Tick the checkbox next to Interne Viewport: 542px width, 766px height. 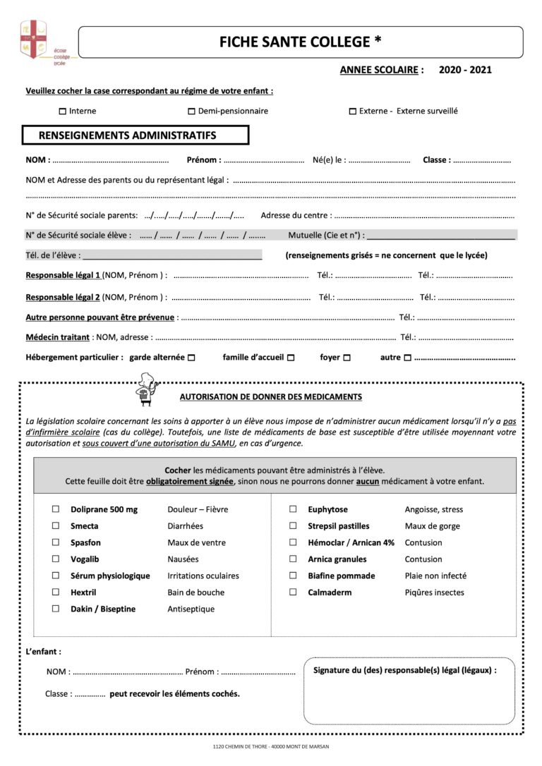[x=63, y=111]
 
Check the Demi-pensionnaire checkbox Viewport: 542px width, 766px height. [x=191, y=111]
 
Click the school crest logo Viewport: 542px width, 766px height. [x=32, y=40]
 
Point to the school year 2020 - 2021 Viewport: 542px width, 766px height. [x=465, y=70]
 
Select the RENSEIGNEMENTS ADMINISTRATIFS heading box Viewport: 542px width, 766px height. [x=135, y=135]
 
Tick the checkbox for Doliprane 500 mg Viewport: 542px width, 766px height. [x=56, y=509]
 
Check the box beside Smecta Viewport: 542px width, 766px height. [x=56, y=526]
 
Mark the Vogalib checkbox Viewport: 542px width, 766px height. [x=56, y=559]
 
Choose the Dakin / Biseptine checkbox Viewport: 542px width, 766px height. [x=56, y=609]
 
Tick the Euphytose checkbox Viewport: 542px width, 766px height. [x=293, y=509]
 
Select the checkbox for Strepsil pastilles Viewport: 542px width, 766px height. [x=293, y=526]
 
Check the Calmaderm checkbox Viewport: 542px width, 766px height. [x=293, y=592]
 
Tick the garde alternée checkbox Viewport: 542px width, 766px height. [x=191, y=358]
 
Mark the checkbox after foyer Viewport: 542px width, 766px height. [x=347, y=358]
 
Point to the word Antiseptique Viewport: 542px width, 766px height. [x=191, y=609]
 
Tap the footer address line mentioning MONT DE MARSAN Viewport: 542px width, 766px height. [x=270, y=746]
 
